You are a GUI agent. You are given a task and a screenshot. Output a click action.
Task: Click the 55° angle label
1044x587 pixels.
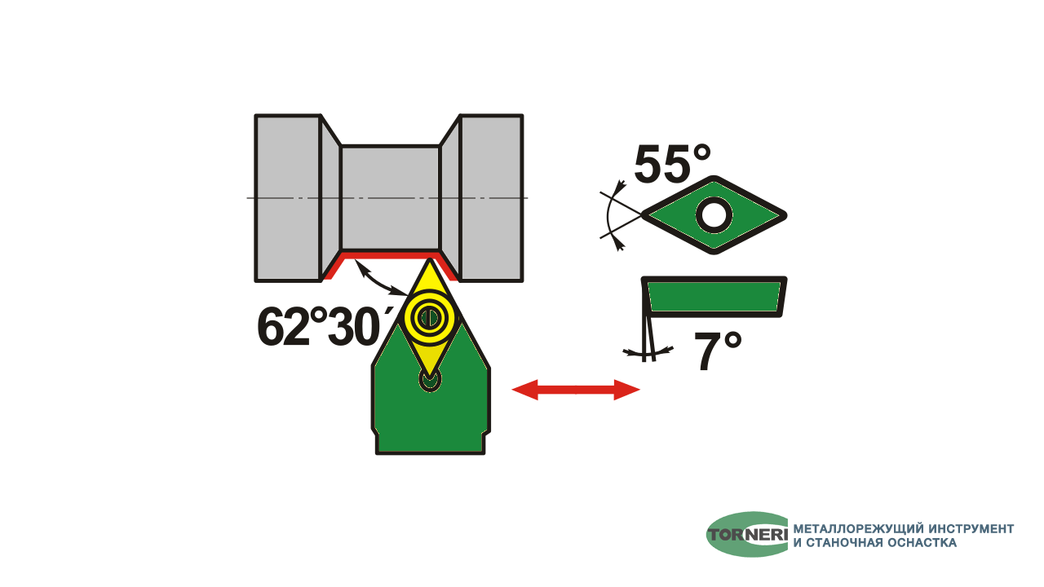point(672,164)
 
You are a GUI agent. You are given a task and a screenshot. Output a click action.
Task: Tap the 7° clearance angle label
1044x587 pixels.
point(717,351)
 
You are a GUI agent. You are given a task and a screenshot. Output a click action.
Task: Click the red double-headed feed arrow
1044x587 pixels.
point(576,390)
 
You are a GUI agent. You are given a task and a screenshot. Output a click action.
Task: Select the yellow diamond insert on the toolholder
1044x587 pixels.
point(430,318)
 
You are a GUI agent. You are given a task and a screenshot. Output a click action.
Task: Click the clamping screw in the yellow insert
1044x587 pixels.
point(430,318)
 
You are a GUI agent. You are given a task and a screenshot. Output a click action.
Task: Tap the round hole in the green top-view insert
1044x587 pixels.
point(714,215)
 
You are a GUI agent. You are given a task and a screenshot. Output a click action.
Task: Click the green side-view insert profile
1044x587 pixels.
point(714,297)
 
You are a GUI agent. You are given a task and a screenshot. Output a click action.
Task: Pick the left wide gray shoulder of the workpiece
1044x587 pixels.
point(288,198)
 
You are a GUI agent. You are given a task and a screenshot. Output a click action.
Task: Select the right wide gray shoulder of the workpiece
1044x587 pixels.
point(492,198)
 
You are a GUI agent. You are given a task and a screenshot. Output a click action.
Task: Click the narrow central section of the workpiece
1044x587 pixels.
point(390,198)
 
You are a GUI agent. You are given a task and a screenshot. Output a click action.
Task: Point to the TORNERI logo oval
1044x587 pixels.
point(747,534)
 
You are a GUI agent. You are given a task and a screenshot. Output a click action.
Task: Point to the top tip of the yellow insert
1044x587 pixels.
point(429,258)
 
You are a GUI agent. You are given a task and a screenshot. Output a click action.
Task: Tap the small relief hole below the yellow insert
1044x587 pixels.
point(430,381)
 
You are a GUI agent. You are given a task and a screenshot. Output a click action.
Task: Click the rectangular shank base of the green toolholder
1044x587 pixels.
point(430,443)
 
